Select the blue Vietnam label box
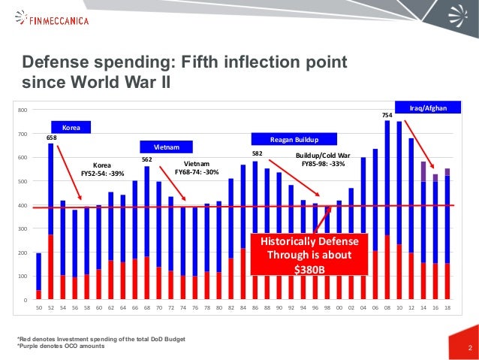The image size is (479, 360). tap(167, 147)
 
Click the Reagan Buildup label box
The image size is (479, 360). tap(295, 140)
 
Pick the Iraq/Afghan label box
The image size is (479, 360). tap(432, 108)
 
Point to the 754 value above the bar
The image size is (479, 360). tap(386, 116)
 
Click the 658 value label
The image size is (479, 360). tap(52, 138)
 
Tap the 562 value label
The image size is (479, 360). tap(147, 159)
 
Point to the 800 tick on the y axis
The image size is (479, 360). tap(23, 110)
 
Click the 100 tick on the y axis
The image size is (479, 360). tap(23, 277)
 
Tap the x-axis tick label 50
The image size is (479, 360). tap(39, 308)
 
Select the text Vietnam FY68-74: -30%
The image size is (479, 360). tap(196, 168)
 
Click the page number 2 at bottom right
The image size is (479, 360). tap(469, 347)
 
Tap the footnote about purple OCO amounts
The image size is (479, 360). tap(62, 346)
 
